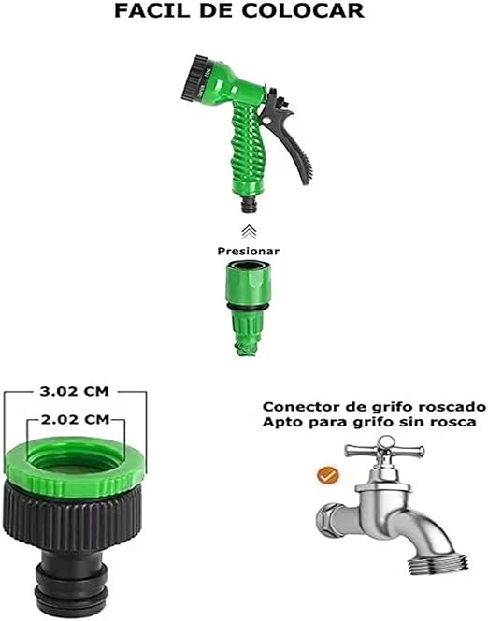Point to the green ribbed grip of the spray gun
tap(248, 143)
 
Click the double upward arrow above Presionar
tap(249, 232)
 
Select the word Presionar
tap(248, 251)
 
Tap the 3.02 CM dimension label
tap(74, 391)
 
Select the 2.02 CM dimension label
tap(75, 419)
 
